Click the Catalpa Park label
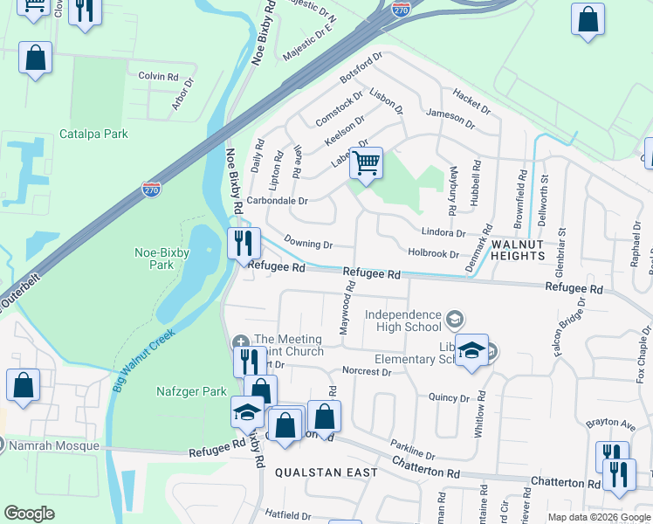pos(93,134)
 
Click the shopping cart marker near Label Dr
pos(366,162)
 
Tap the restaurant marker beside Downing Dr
pos(244,242)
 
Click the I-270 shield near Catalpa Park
pos(153,189)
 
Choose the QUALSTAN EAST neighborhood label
pos(326,472)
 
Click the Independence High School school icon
pos(454,321)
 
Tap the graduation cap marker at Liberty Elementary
pos(471,352)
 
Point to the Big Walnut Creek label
pos(144,359)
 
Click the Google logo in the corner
pos(30,514)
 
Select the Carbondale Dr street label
pos(278,201)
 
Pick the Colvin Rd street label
pos(158,76)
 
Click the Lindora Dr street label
pos(443,233)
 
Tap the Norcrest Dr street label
pos(367,371)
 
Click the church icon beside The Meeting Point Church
pos(241,340)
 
